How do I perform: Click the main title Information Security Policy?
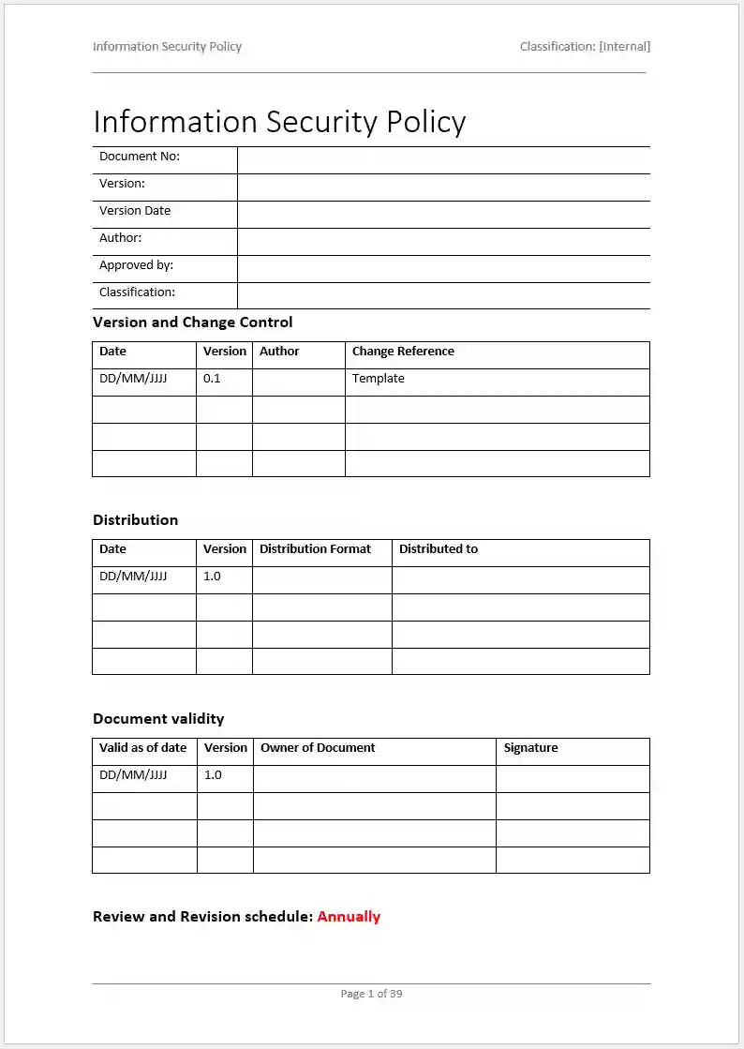click(279, 122)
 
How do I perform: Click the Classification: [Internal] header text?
click(585, 46)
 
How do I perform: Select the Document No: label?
click(140, 157)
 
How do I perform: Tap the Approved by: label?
click(136, 265)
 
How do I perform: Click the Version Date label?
click(135, 211)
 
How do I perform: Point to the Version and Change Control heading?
click(192, 322)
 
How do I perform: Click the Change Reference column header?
click(403, 352)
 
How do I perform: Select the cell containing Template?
click(379, 379)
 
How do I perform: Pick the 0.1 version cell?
click(212, 379)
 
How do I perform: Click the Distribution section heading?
click(135, 520)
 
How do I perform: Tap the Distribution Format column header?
click(315, 549)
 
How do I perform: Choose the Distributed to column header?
click(438, 549)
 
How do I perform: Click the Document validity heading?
click(158, 719)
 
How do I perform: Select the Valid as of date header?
click(143, 748)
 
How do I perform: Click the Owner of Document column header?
click(318, 748)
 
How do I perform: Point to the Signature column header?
click(530, 748)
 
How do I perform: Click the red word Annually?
click(349, 917)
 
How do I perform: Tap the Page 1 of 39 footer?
click(371, 994)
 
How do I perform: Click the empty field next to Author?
click(443, 242)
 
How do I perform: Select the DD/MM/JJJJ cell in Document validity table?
click(133, 775)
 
